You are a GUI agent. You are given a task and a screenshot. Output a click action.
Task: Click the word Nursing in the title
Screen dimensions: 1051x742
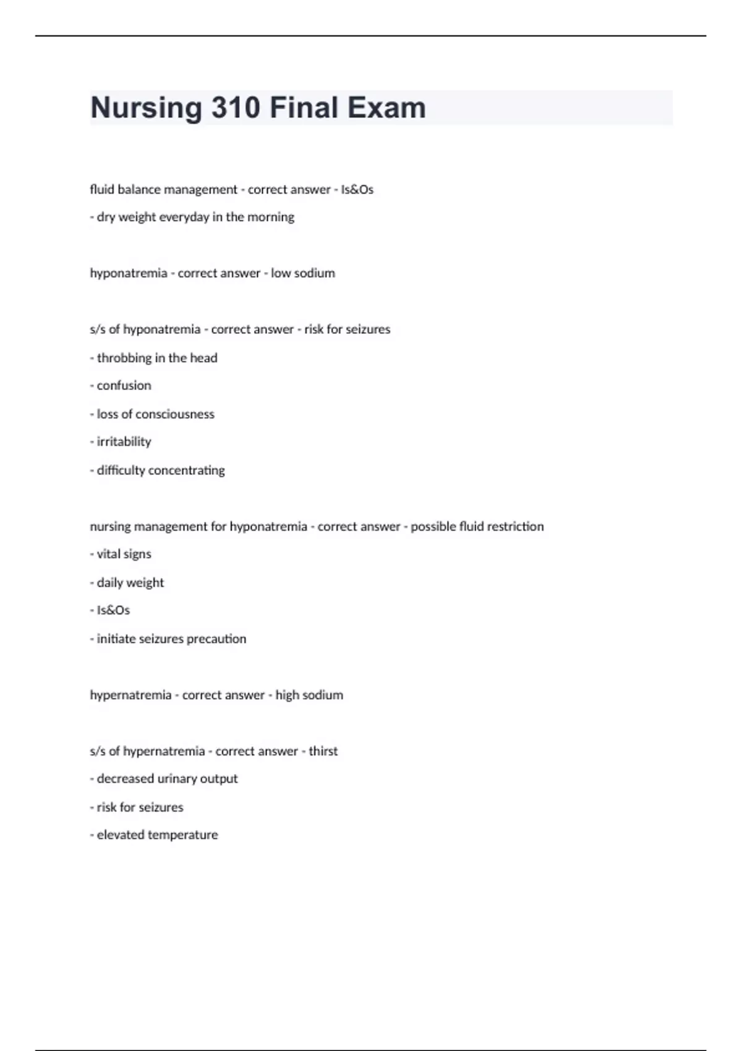click(x=146, y=108)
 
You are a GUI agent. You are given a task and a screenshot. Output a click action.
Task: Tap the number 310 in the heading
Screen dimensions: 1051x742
click(x=236, y=108)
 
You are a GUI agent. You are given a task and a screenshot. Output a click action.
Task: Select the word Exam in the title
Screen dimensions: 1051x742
click(x=386, y=108)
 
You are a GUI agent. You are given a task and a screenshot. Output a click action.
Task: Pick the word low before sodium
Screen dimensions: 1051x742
click(x=280, y=273)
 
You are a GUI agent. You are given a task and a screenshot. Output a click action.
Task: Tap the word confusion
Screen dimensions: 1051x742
click(x=124, y=386)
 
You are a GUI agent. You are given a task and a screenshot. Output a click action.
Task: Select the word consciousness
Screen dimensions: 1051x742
click(x=175, y=414)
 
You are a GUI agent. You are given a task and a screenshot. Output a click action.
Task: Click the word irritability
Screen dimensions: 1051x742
click(x=124, y=442)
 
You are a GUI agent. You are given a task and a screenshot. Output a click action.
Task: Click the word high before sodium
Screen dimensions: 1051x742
click(x=287, y=696)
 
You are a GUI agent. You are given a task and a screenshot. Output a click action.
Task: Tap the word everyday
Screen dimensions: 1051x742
click(x=184, y=217)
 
